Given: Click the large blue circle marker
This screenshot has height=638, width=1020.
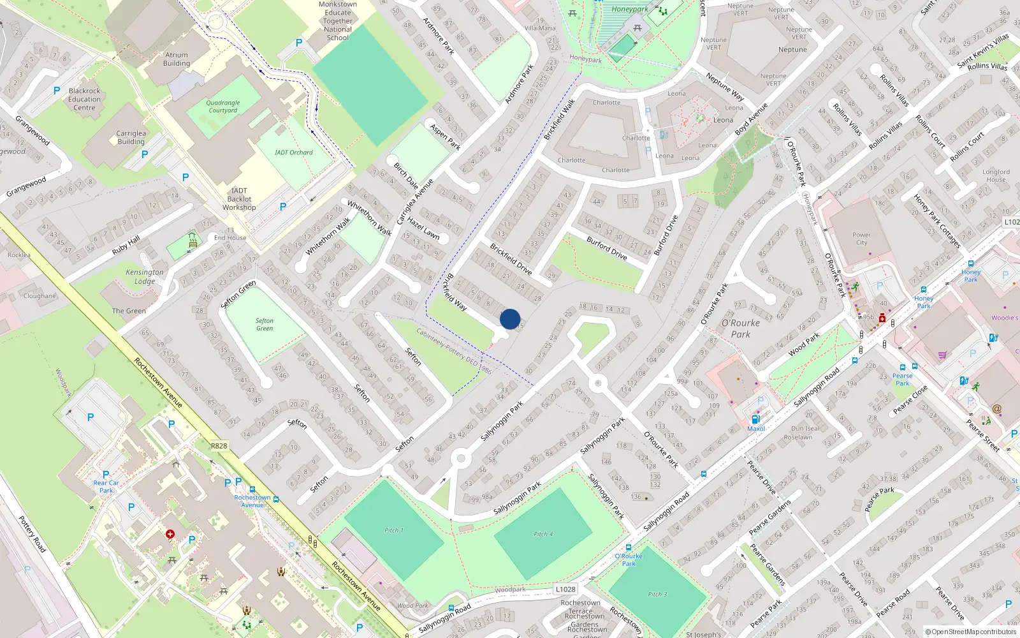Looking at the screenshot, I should (510, 318).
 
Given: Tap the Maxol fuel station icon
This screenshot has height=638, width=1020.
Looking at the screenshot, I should (755, 419).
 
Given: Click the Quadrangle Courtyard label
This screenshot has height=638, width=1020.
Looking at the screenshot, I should (222, 107).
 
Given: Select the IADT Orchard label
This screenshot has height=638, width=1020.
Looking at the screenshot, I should (294, 152).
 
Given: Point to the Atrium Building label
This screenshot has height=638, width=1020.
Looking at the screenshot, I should (177, 59).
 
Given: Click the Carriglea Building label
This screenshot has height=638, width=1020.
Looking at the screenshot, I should (131, 138).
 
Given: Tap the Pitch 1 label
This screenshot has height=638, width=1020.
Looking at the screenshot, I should (393, 530).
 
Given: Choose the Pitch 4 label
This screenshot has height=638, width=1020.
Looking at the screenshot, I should (543, 534).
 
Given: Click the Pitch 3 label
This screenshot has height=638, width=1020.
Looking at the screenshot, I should (657, 594).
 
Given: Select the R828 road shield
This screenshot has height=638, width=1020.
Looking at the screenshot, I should (219, 446).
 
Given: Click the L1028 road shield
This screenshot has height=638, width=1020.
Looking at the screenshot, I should (565, 590).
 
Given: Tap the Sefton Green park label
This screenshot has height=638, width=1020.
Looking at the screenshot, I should (265, 325).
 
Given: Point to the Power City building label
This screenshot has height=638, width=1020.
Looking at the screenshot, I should (861, 239).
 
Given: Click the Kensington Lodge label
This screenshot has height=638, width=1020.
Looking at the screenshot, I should (145, 277).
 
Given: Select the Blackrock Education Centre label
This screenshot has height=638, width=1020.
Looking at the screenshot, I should (84, 100).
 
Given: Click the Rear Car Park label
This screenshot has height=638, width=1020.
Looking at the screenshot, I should (106, 486).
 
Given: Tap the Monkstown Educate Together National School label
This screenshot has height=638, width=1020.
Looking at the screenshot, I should (338, 21).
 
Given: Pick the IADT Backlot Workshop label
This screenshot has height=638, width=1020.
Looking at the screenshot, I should (239, 199).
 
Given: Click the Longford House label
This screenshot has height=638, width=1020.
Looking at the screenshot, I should (996, 175).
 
